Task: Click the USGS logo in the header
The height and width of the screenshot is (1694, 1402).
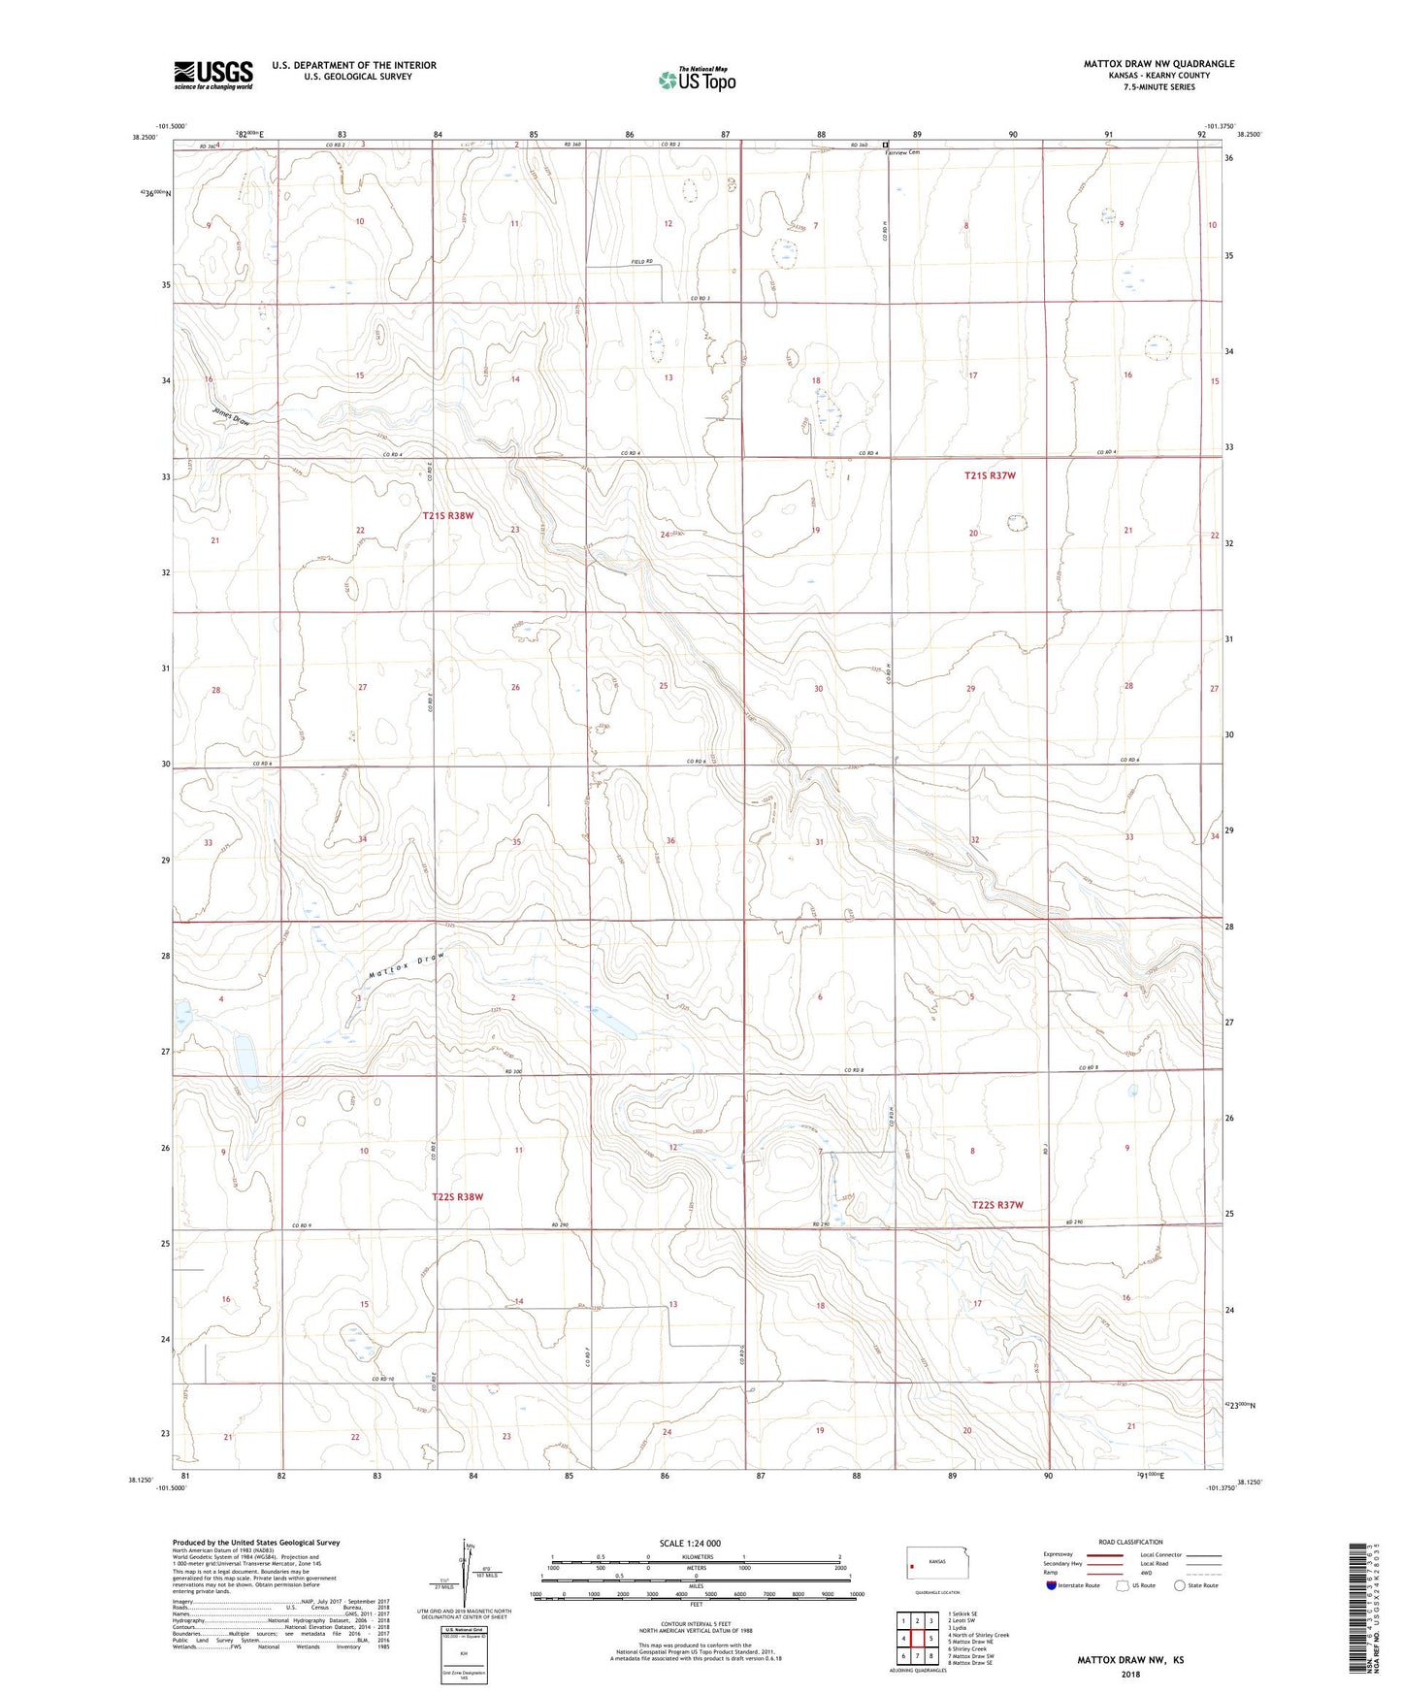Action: (x=213, y=74)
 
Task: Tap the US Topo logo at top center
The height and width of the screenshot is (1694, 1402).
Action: (x=696, y=80)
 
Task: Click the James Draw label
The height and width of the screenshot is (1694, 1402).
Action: (x=232, y=416)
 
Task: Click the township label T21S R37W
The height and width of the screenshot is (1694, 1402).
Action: (x=990, y=475)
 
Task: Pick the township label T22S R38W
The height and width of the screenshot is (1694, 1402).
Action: (x=457, y=1197)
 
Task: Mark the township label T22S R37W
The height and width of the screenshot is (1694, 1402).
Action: (x=997, y=1205)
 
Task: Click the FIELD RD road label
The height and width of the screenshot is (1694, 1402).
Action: (x=642, y=262)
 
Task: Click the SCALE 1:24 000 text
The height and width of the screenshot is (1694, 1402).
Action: (x=690, y=1544)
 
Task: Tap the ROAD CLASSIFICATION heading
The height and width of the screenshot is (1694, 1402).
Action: (x=1130, y=1542)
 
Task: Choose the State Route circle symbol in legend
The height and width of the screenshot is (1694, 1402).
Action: (x=1180, y=1585)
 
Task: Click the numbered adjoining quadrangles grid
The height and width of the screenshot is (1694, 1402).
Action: (x=917, y=1640)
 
